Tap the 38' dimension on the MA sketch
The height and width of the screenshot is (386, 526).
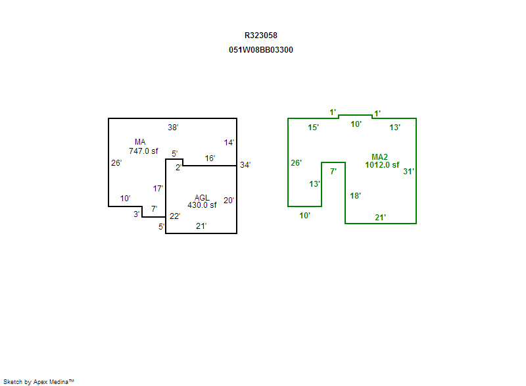(173, 127)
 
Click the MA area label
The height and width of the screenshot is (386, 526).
(140, 142)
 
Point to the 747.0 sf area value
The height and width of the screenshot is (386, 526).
(143, 151)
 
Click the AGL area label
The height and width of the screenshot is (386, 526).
(202, 197)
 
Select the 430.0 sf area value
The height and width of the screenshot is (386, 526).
(202, 205)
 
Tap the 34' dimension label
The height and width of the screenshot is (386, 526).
(245, 165)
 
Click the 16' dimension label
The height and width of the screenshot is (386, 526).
(210, 158)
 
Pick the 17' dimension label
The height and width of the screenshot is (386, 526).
(158, 189)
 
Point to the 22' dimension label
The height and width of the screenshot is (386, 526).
(175, 216)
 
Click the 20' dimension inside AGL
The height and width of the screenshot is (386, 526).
(228, 201)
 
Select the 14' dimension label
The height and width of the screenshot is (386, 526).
(229, 142)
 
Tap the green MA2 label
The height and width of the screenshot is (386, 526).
(379, 157)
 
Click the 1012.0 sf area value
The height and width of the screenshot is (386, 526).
(382, 165)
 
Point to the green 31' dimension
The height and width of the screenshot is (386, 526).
(408, 172)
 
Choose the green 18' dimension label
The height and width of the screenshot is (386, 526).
(355, 196)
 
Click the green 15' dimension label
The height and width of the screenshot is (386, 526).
(314, 127)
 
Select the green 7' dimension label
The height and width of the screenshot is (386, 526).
(333, 172)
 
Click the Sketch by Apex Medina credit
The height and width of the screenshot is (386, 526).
(38, 381)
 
